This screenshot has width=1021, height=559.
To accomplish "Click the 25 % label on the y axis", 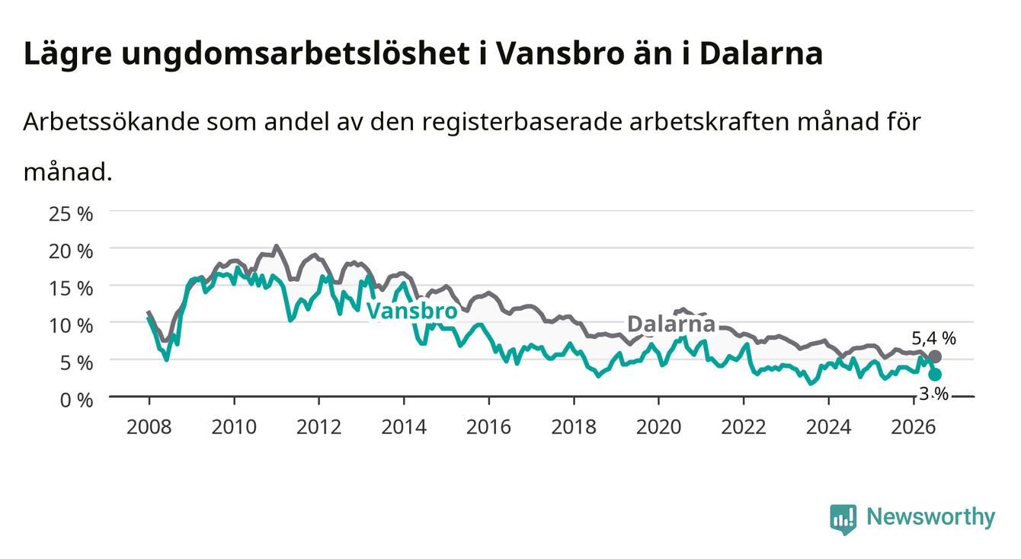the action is click(71, 214).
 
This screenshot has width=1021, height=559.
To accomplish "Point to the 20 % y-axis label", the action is click(71, 251).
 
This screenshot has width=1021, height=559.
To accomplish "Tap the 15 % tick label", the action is click(71, 289).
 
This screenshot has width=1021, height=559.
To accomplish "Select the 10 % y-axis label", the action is click(71, 326).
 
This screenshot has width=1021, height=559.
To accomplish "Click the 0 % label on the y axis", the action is click(76, 400).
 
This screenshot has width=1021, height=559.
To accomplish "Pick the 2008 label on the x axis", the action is click(149, 427).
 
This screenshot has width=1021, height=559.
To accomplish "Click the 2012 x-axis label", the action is click(318, 427).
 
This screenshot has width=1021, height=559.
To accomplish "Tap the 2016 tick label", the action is click(488, 427).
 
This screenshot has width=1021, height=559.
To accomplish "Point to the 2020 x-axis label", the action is click(658, 427).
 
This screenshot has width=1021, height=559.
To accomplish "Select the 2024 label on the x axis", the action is click(828, 427).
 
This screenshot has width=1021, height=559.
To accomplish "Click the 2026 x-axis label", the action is click(913, 427).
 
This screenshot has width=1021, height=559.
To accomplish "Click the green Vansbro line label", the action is click(411, 311).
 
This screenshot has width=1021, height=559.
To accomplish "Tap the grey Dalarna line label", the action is click(671, 324).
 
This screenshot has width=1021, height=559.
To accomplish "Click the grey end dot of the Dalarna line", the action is click(935, 356).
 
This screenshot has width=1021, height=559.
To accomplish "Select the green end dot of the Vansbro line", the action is click(935, 375).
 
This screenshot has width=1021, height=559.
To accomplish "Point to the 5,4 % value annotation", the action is click(934, 338).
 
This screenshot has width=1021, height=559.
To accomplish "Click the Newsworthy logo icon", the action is click(843, 519).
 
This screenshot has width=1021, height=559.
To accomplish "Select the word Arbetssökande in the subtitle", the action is click(111, 122).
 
